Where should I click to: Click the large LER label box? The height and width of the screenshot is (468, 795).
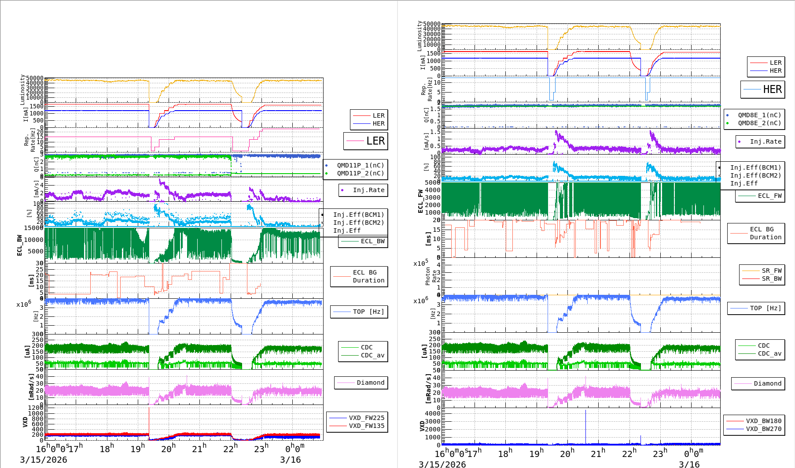pyautogui.click(x=366, y=141)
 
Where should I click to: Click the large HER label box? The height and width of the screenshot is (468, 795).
pyautogui.click(x=762, y=89)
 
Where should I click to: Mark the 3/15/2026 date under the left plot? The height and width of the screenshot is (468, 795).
pyautogui.click(x=44, y=460)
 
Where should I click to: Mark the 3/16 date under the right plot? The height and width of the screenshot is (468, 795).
pyautogui.click(x=689, y=464)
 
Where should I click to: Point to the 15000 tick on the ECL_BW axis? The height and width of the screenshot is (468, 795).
pyautogui.click(x=33, y=228)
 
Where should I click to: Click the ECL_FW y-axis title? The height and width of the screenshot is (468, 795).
pyautogui.click(x=420, y=201)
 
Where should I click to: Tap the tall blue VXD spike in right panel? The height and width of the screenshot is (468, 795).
pyautogui.click(x=585, y=425)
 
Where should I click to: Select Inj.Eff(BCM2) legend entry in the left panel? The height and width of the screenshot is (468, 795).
pyautogui.click(x=358, y=223)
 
